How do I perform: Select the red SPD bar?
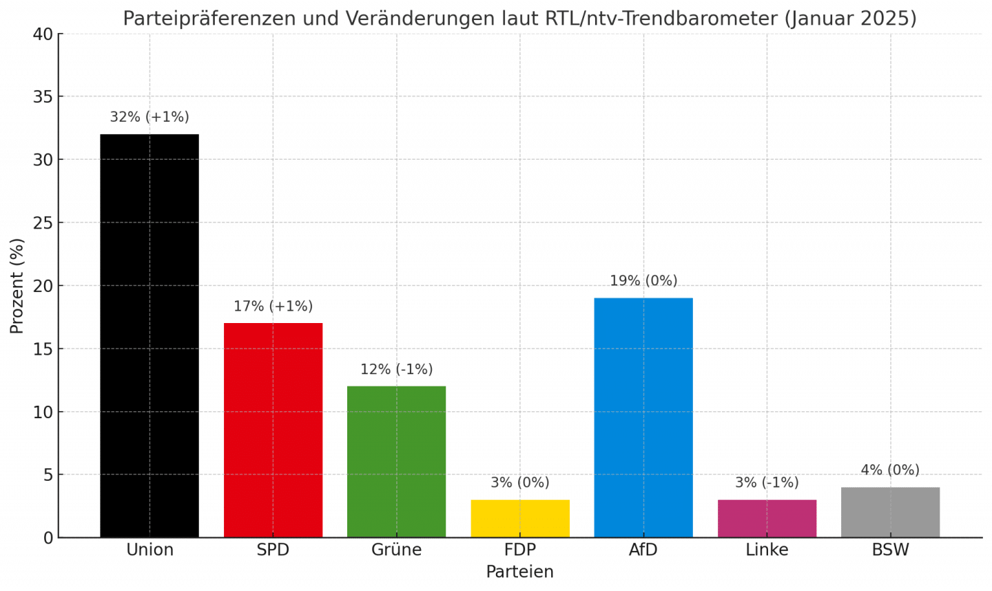273,430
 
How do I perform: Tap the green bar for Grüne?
396,462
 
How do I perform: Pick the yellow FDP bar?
520,519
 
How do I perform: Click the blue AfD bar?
643,417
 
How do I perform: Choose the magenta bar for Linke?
767,519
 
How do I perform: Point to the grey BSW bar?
890,512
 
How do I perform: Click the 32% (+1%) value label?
149,117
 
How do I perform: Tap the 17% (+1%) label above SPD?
273,307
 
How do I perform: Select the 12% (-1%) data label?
396,370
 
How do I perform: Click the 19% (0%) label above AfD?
643,281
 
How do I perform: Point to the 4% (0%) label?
890,470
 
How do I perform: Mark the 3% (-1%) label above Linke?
767,483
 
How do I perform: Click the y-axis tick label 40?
43,34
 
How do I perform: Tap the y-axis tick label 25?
43,222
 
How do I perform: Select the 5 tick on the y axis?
48,475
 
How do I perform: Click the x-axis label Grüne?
396,550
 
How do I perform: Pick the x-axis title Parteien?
519,572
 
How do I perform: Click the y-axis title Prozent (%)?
17,286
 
